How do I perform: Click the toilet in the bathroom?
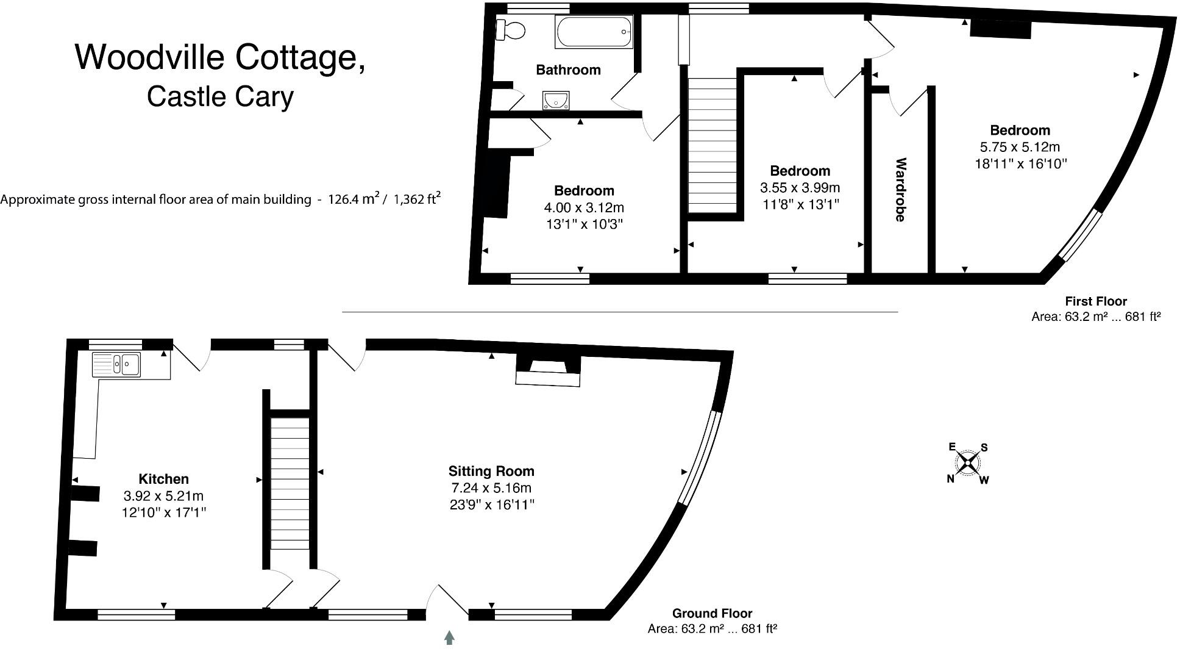pos(511,29)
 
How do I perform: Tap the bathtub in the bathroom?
pos(594,32)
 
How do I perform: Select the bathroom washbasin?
pos(556,100)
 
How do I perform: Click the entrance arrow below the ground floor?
pos(450,638)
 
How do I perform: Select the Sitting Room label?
pos(491,471)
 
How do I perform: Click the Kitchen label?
pos(163,479)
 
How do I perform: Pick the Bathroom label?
pos(568,70)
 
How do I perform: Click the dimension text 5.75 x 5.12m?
pos(1020,147)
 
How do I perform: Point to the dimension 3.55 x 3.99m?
pos(800,187)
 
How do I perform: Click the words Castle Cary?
pos(221,96)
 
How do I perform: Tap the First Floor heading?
pos(1096,301)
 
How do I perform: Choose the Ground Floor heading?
pos(712,613)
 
